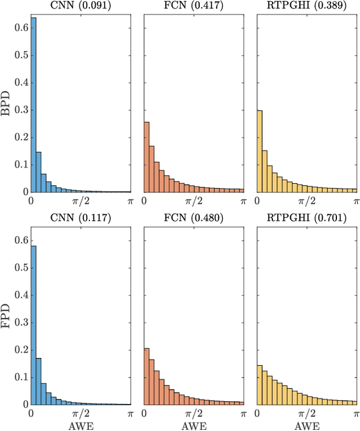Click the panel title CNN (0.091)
(x=80, y=6)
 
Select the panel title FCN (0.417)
(x=194, y=6)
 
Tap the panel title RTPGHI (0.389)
(x=307, y=6)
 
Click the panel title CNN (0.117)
(x=80, y=218)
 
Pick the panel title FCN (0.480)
(x=194, y=218)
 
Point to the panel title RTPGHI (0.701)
(x=307, y=218)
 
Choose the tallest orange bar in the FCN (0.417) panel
(x=147, y=157)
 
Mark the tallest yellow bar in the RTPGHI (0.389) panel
(x=260, y=151)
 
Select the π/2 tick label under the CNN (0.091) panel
(x=80, y=201)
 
